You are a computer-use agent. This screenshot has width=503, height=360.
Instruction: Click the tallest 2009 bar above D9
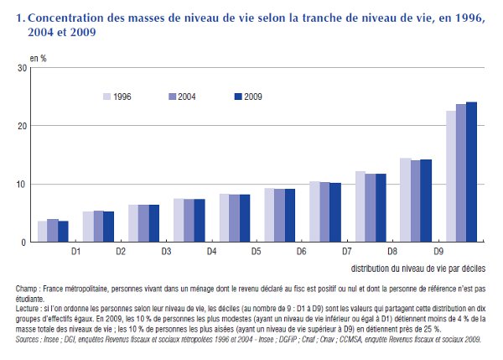tap(471, 172)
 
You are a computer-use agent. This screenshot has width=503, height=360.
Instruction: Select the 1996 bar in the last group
tap(450, 176)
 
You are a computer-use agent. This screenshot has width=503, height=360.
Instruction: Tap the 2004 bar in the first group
tap(53, 231)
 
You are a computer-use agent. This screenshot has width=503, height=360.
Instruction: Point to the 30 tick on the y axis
tap(22, 67)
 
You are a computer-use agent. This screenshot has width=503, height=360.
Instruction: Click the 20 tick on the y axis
tap(22, 126)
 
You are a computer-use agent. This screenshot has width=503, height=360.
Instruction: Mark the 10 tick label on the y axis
tap(22, 184)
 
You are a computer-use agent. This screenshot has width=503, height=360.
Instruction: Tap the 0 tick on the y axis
tap(24, 243)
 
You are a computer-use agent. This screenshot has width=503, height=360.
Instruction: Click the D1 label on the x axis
tap(75, 251)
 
